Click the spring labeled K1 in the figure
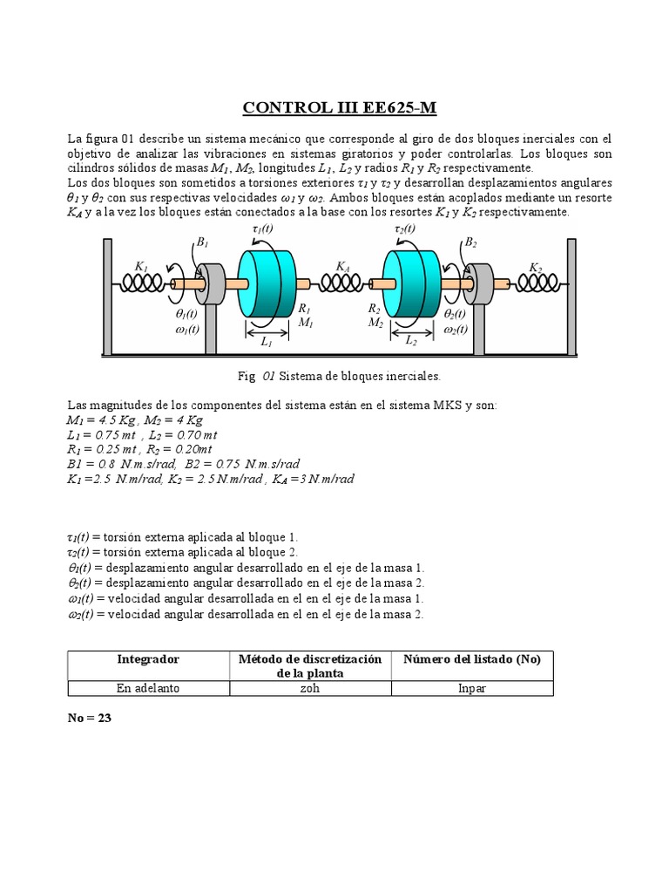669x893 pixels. [x=142, y=283]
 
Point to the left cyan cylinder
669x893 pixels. [x=267, y=281]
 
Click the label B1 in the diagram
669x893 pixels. [x=202, y=244]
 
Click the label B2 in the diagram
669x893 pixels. [x=471, y=242]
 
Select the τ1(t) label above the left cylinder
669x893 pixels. [x=261, y=228]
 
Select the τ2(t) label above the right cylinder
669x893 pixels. [x=405, y=228]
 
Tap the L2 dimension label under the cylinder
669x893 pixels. [x=411, y=342]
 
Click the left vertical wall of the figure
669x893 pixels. [x=107, y=297]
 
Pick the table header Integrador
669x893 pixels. [x=148, y=659]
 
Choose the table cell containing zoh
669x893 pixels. [x=309, y=688]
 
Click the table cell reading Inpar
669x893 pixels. [x=471, y=688]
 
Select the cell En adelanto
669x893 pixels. [x=148, y=688]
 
